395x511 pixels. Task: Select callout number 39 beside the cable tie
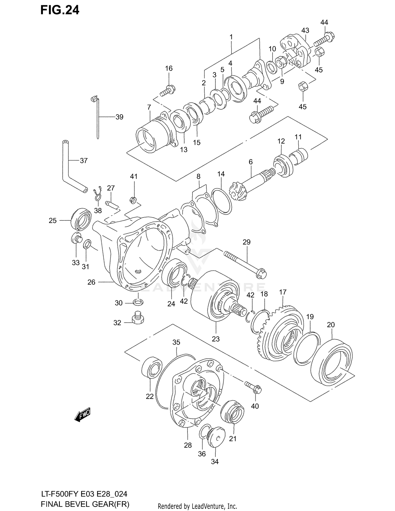tap(119, 117)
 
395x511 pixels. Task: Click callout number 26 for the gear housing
tap(91, 282)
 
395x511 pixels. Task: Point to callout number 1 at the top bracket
tap(231, 37)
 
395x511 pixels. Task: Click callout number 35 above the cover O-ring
tap(176, 342)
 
